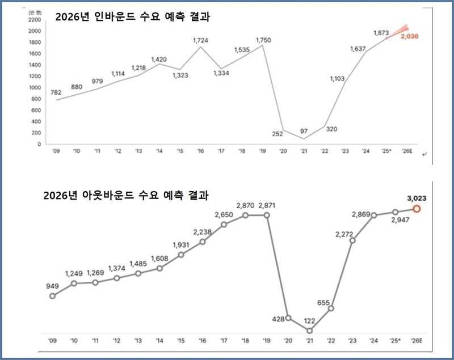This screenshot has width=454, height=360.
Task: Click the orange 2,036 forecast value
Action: point(410,36)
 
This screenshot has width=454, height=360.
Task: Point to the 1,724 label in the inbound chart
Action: point(201,40)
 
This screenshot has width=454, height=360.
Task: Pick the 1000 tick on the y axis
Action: point(33,88)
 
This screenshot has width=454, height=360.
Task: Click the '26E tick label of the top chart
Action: point(407,151)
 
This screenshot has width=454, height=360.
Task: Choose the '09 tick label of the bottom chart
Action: point(52,340)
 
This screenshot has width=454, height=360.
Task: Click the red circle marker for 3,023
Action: point(417,209)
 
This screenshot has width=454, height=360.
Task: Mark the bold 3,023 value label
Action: point(416,198)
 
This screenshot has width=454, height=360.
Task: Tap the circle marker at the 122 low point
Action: point(309,331)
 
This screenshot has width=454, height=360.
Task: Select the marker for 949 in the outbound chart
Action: point(53,295)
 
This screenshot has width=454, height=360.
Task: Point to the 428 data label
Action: point(278,320)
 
